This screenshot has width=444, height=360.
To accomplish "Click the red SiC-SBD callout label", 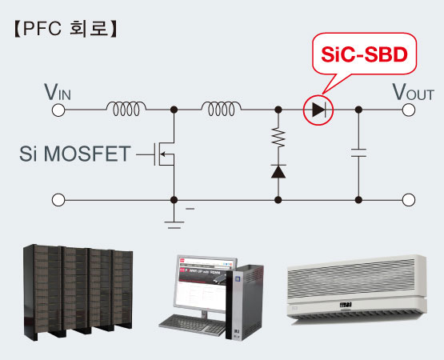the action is pos(365,54).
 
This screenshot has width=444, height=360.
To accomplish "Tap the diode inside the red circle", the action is pos(319,110).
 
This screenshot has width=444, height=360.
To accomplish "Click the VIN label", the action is pos(58,92).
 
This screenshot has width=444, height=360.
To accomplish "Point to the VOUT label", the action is pos(413,92).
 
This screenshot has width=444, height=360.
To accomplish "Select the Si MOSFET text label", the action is pos(75,154).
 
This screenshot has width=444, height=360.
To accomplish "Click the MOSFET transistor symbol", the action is pos(164,154).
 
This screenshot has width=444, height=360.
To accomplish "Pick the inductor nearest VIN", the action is pos(126,109).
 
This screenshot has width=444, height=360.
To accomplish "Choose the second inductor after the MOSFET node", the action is pos(222,109).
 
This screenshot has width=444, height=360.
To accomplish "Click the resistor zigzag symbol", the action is pos(278,138).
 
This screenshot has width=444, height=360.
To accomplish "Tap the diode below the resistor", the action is pos(278,172).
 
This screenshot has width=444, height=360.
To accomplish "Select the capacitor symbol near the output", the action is pos(358,153).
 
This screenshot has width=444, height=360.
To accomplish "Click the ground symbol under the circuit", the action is pos(174,225).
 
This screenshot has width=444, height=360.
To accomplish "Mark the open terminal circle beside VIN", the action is pos(58,110).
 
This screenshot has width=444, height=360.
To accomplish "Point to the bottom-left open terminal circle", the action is pos(58,200).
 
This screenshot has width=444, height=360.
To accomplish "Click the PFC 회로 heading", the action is pos(66,28).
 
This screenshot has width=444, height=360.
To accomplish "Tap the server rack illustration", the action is pos(78,292).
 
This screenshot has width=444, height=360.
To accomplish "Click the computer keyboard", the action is pos(193,325).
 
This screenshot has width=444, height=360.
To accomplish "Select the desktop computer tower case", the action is pos(245,302).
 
